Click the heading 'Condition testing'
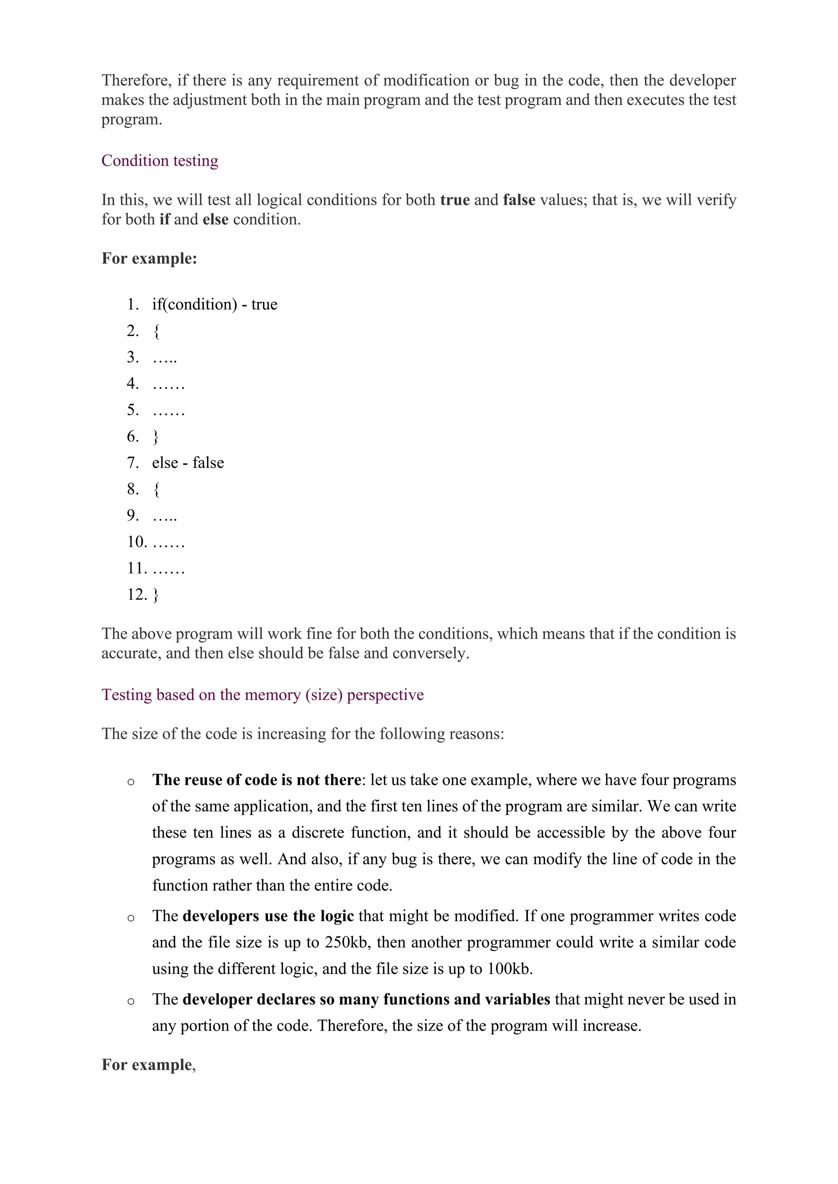click(x=160, y=161)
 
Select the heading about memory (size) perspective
click(x=262, y=695)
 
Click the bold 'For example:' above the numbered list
click(x=149, y=258)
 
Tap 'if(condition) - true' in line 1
click(x=215, y=304)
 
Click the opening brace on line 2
click(x=156, y=331)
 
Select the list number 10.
click(x=137, y=542)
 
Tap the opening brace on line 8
click(x=156, y=489)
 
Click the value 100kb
click(x=508, y=969)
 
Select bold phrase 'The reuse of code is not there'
click(x=256, y=780)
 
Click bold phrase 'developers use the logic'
click(x=268, y=916)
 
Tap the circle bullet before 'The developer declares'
click(x=131, y=1001)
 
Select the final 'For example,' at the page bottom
click(x=148, y=1065)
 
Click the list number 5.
click(x=133, y=410)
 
